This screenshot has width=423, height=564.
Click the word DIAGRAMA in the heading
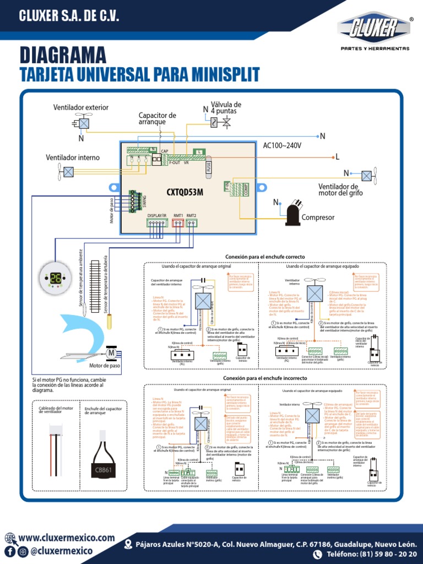pyautogui.click(x=63, y=55)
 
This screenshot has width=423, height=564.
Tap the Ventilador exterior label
pyautogui.click(x=80, y=107)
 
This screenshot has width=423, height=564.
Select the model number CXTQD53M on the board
pyautogui.click(x=185, y=192)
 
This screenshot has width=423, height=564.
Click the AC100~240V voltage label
pyautogui.click(x=282, y=145)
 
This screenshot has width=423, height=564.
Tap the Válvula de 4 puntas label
pyautogui.click(x=226, y=107)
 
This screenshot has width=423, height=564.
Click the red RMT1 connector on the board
pyautogui.click(x=178, y=223)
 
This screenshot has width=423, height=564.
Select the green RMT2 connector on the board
pyautogui.click(x=192, y=223)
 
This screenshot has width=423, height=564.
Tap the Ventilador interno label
pyautogui.click(x=73, y=158)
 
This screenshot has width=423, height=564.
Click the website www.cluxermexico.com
pyautogui.click(x=67, y=538)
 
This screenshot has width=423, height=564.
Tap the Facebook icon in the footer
pyautogui.click(x=10, y=551)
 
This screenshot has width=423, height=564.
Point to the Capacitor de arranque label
pyautogui.click(x=157, y=118)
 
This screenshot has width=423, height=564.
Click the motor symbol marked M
pyautogui.click(x=111, y=352)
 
